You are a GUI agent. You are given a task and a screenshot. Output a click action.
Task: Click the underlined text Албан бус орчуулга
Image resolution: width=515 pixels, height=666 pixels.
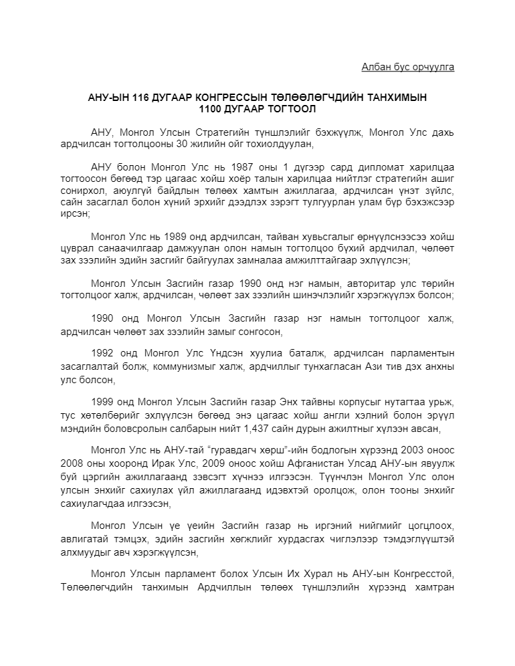click(x=407, y=67)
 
